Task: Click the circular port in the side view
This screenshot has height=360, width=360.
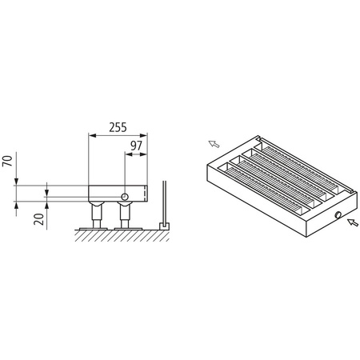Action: click(x=126, y=195)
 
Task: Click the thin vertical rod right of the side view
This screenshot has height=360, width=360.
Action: click(x=163, y=204)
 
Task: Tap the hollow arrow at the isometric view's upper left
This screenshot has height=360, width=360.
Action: click(x=214, y=144)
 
